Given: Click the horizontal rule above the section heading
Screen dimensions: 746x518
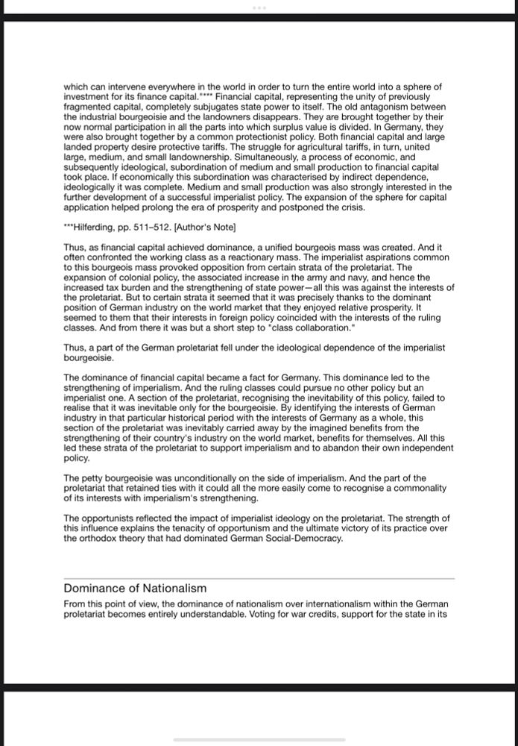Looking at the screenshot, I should [259, 578].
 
